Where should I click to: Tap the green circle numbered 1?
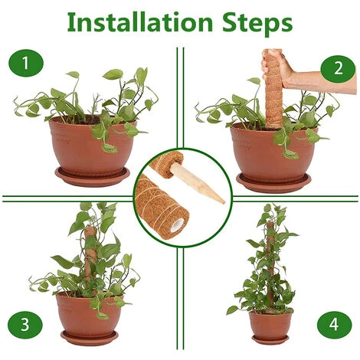(28, 65)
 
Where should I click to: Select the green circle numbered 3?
(28, 323)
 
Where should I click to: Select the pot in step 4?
(270, 325)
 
